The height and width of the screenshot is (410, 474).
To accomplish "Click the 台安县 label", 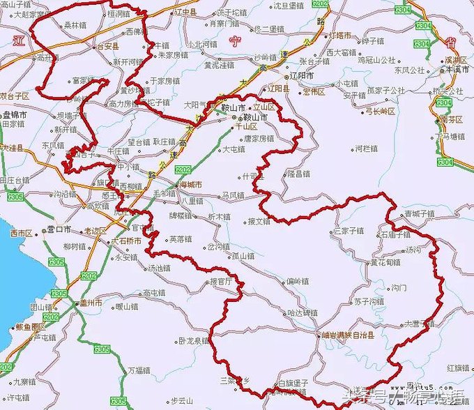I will click(x=112, y=47).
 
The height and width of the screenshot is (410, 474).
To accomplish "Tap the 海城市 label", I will click(x=188, y=185).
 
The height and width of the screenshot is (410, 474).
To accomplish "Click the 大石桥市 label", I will click(x=127, y=241).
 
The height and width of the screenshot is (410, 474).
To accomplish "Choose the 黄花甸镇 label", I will click(x=385, y=263).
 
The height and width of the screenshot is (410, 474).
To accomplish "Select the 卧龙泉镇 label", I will click(x=194, y=341).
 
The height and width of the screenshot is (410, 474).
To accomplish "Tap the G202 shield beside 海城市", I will click(x=183, y=169).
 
